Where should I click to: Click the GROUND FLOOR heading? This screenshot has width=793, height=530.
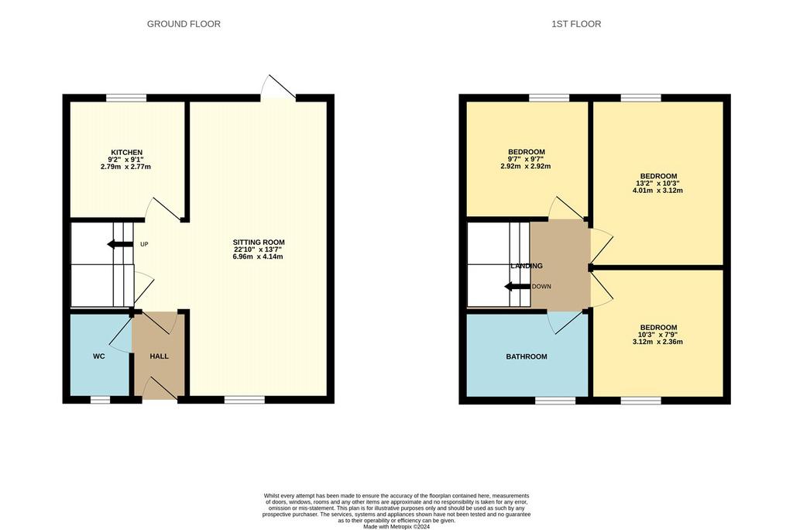point(184,24)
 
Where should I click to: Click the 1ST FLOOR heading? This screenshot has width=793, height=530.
point(576,24)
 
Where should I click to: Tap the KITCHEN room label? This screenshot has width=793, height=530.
point(126,153)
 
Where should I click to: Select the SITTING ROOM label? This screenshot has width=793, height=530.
point(259,243)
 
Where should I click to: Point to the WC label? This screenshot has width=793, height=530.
point(99,356)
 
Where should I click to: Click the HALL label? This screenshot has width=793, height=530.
point(160,356)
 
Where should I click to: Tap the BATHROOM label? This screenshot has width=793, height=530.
point(527,357)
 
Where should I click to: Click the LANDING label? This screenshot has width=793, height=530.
point(527,266)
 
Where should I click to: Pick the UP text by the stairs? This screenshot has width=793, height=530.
point(144,245)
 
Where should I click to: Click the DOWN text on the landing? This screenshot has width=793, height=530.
point(541,287)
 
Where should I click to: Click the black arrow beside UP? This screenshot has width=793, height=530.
point(120,245)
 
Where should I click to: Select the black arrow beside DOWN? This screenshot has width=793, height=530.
point(517,287)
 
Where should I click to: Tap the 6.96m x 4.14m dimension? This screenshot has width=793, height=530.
point(259,256)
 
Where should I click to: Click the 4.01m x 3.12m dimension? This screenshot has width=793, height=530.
point(657,191)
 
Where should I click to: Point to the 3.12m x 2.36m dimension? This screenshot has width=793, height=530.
point(657,342)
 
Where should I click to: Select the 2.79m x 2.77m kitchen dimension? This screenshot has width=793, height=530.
point(126,167)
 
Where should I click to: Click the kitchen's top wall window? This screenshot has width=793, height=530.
point(126,98)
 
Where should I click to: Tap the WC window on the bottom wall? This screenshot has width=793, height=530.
point(100,400)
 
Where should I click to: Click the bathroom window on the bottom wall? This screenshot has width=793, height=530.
point(555,401)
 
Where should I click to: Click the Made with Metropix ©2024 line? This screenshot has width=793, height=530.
point(396,526)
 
